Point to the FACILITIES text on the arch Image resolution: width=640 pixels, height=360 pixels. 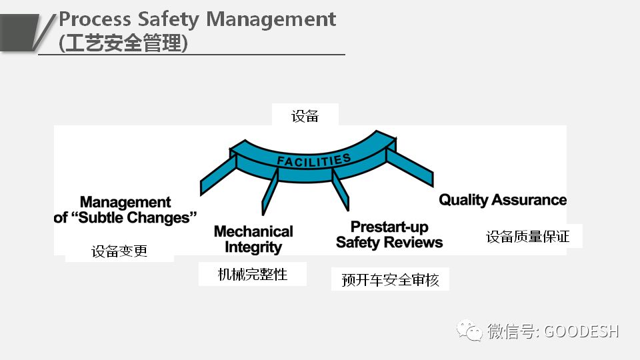click(313, 161)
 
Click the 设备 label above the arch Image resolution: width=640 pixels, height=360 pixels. click(305, 116)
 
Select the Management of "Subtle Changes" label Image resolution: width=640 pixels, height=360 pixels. click(126, 209)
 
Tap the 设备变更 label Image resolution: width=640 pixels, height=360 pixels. click(119, 251)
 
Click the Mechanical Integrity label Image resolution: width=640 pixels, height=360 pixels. click(253, 239)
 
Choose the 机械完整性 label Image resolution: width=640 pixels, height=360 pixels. click(253, 274)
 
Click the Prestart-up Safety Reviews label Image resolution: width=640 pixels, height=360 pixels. click(389, 234)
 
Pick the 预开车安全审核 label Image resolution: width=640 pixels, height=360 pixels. click(390, 279)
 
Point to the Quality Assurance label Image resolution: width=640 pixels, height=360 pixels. click(503, 199)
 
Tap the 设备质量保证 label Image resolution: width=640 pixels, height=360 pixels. click(528, 236)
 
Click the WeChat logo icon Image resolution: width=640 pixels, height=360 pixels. click(470, 330)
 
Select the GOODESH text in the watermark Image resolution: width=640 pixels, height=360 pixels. click(582, 331)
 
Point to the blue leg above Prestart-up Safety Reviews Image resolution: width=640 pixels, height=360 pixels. click(341, 189)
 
